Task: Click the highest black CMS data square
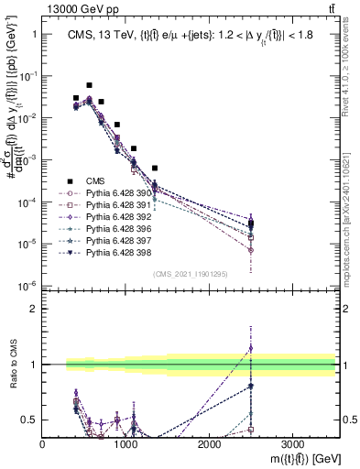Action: [x=89, y=85]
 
